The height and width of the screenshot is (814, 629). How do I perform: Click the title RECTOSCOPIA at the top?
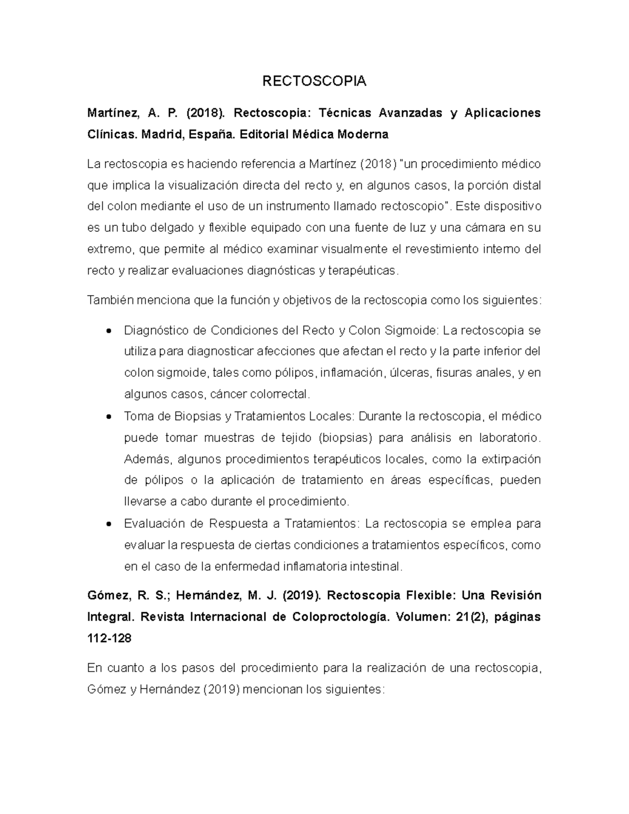pos(314,81)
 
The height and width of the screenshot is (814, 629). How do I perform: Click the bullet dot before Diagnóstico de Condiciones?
pos(109,331)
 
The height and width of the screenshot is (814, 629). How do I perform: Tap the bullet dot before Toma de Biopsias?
pos(109,417)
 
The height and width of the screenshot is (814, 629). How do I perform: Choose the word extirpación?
pos(508,459)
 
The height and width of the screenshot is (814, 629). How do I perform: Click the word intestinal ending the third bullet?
pos(376,567)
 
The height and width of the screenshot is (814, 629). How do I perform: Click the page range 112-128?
pos(110,638)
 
